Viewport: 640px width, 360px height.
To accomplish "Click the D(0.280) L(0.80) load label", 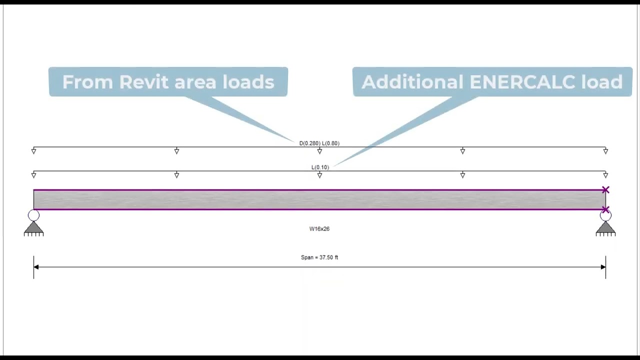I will click(319, 143).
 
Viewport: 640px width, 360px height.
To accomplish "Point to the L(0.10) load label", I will click(320, 167).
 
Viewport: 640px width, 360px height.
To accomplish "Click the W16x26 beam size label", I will click(319, 229).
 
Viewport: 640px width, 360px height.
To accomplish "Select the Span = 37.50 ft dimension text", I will click(319, 257).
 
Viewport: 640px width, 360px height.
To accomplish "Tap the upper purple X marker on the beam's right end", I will click(605, 190).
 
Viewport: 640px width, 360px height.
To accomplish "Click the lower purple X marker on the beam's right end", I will click(605, 209).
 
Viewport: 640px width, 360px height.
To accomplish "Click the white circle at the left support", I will click(33, 215).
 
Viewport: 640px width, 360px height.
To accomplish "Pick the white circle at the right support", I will click(605, 215).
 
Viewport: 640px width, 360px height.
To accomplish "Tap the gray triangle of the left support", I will click(33, 227).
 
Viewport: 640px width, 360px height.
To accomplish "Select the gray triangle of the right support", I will click(605, 227).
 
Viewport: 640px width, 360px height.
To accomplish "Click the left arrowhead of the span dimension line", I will click(36, 267).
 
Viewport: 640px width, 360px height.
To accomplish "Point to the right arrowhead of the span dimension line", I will click(602, 267).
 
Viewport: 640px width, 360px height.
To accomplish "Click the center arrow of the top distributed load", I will click(319, 150).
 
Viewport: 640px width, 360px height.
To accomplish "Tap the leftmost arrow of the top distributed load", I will click(33, 150).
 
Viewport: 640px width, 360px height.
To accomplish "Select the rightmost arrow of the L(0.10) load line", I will click(605, 175).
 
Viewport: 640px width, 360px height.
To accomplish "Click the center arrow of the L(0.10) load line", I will click(319, 175).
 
